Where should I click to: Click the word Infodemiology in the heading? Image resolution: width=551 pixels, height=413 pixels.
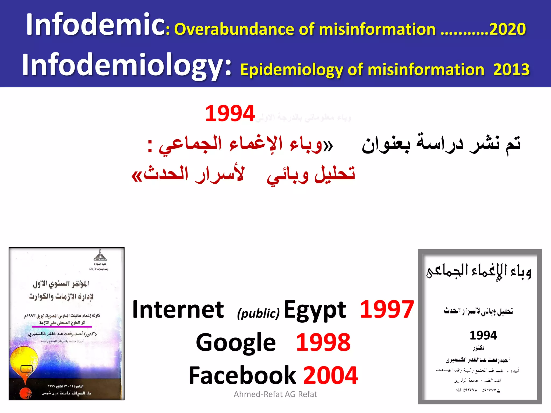tap(126, 65)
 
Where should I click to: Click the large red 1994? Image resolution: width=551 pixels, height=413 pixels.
tap(230, 113)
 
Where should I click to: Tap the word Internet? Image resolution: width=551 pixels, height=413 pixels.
tap(178, 309)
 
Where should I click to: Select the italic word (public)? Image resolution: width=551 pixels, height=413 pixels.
tap(258, 313)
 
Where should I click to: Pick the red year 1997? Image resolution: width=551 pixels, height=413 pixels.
tap(387, 309)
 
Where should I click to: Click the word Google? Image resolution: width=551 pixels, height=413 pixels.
tap(236, 342)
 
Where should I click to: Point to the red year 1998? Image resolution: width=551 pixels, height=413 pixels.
tap(323, 342)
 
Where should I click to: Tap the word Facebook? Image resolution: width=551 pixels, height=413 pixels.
tap(242, 375)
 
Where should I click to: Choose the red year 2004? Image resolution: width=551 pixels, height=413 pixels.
tap(331, 375)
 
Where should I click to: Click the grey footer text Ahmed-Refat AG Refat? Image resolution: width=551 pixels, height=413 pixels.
tap(275, 394)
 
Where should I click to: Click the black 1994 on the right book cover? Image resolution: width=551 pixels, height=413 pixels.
tap(483, 335)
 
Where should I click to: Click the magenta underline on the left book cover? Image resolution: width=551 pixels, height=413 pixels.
tap(62, 327)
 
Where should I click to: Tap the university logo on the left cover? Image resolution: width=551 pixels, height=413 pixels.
tap(100, 255)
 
